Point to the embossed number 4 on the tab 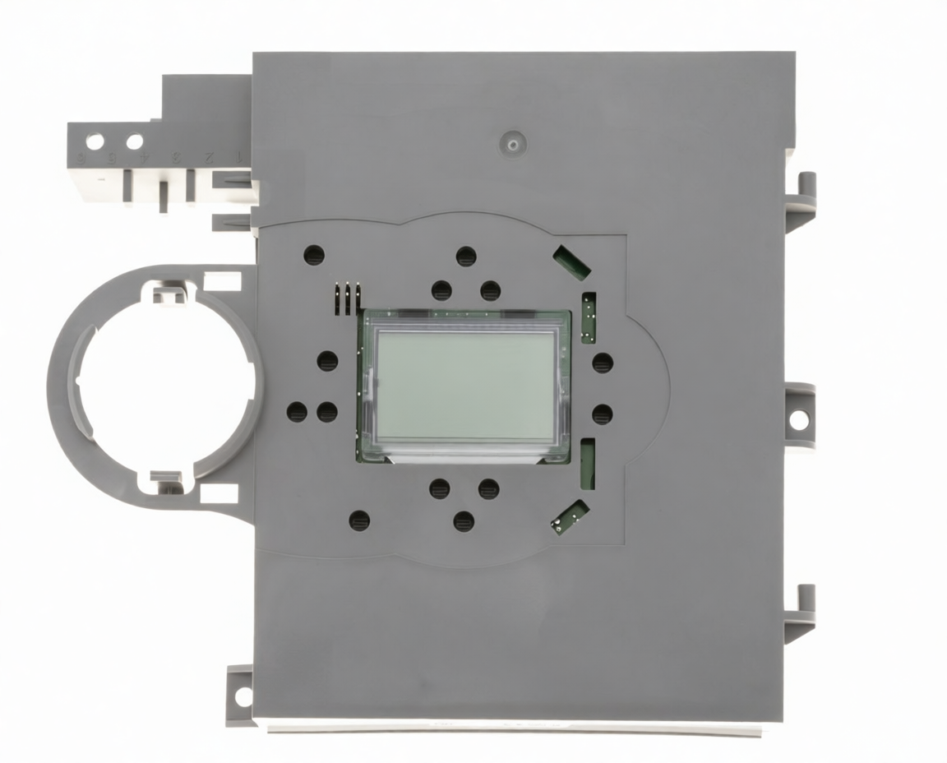(x=145, y=156)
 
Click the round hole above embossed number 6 (x=95, y=141)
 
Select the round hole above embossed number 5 (x=134, y=141)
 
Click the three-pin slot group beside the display (x=349, y=299)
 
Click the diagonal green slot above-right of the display (x=571, y=261)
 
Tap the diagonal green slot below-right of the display (x=570, y=516)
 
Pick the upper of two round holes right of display (x=603, y=363)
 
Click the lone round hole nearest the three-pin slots (x=314, y=255)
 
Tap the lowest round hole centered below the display (x=464, y=521)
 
